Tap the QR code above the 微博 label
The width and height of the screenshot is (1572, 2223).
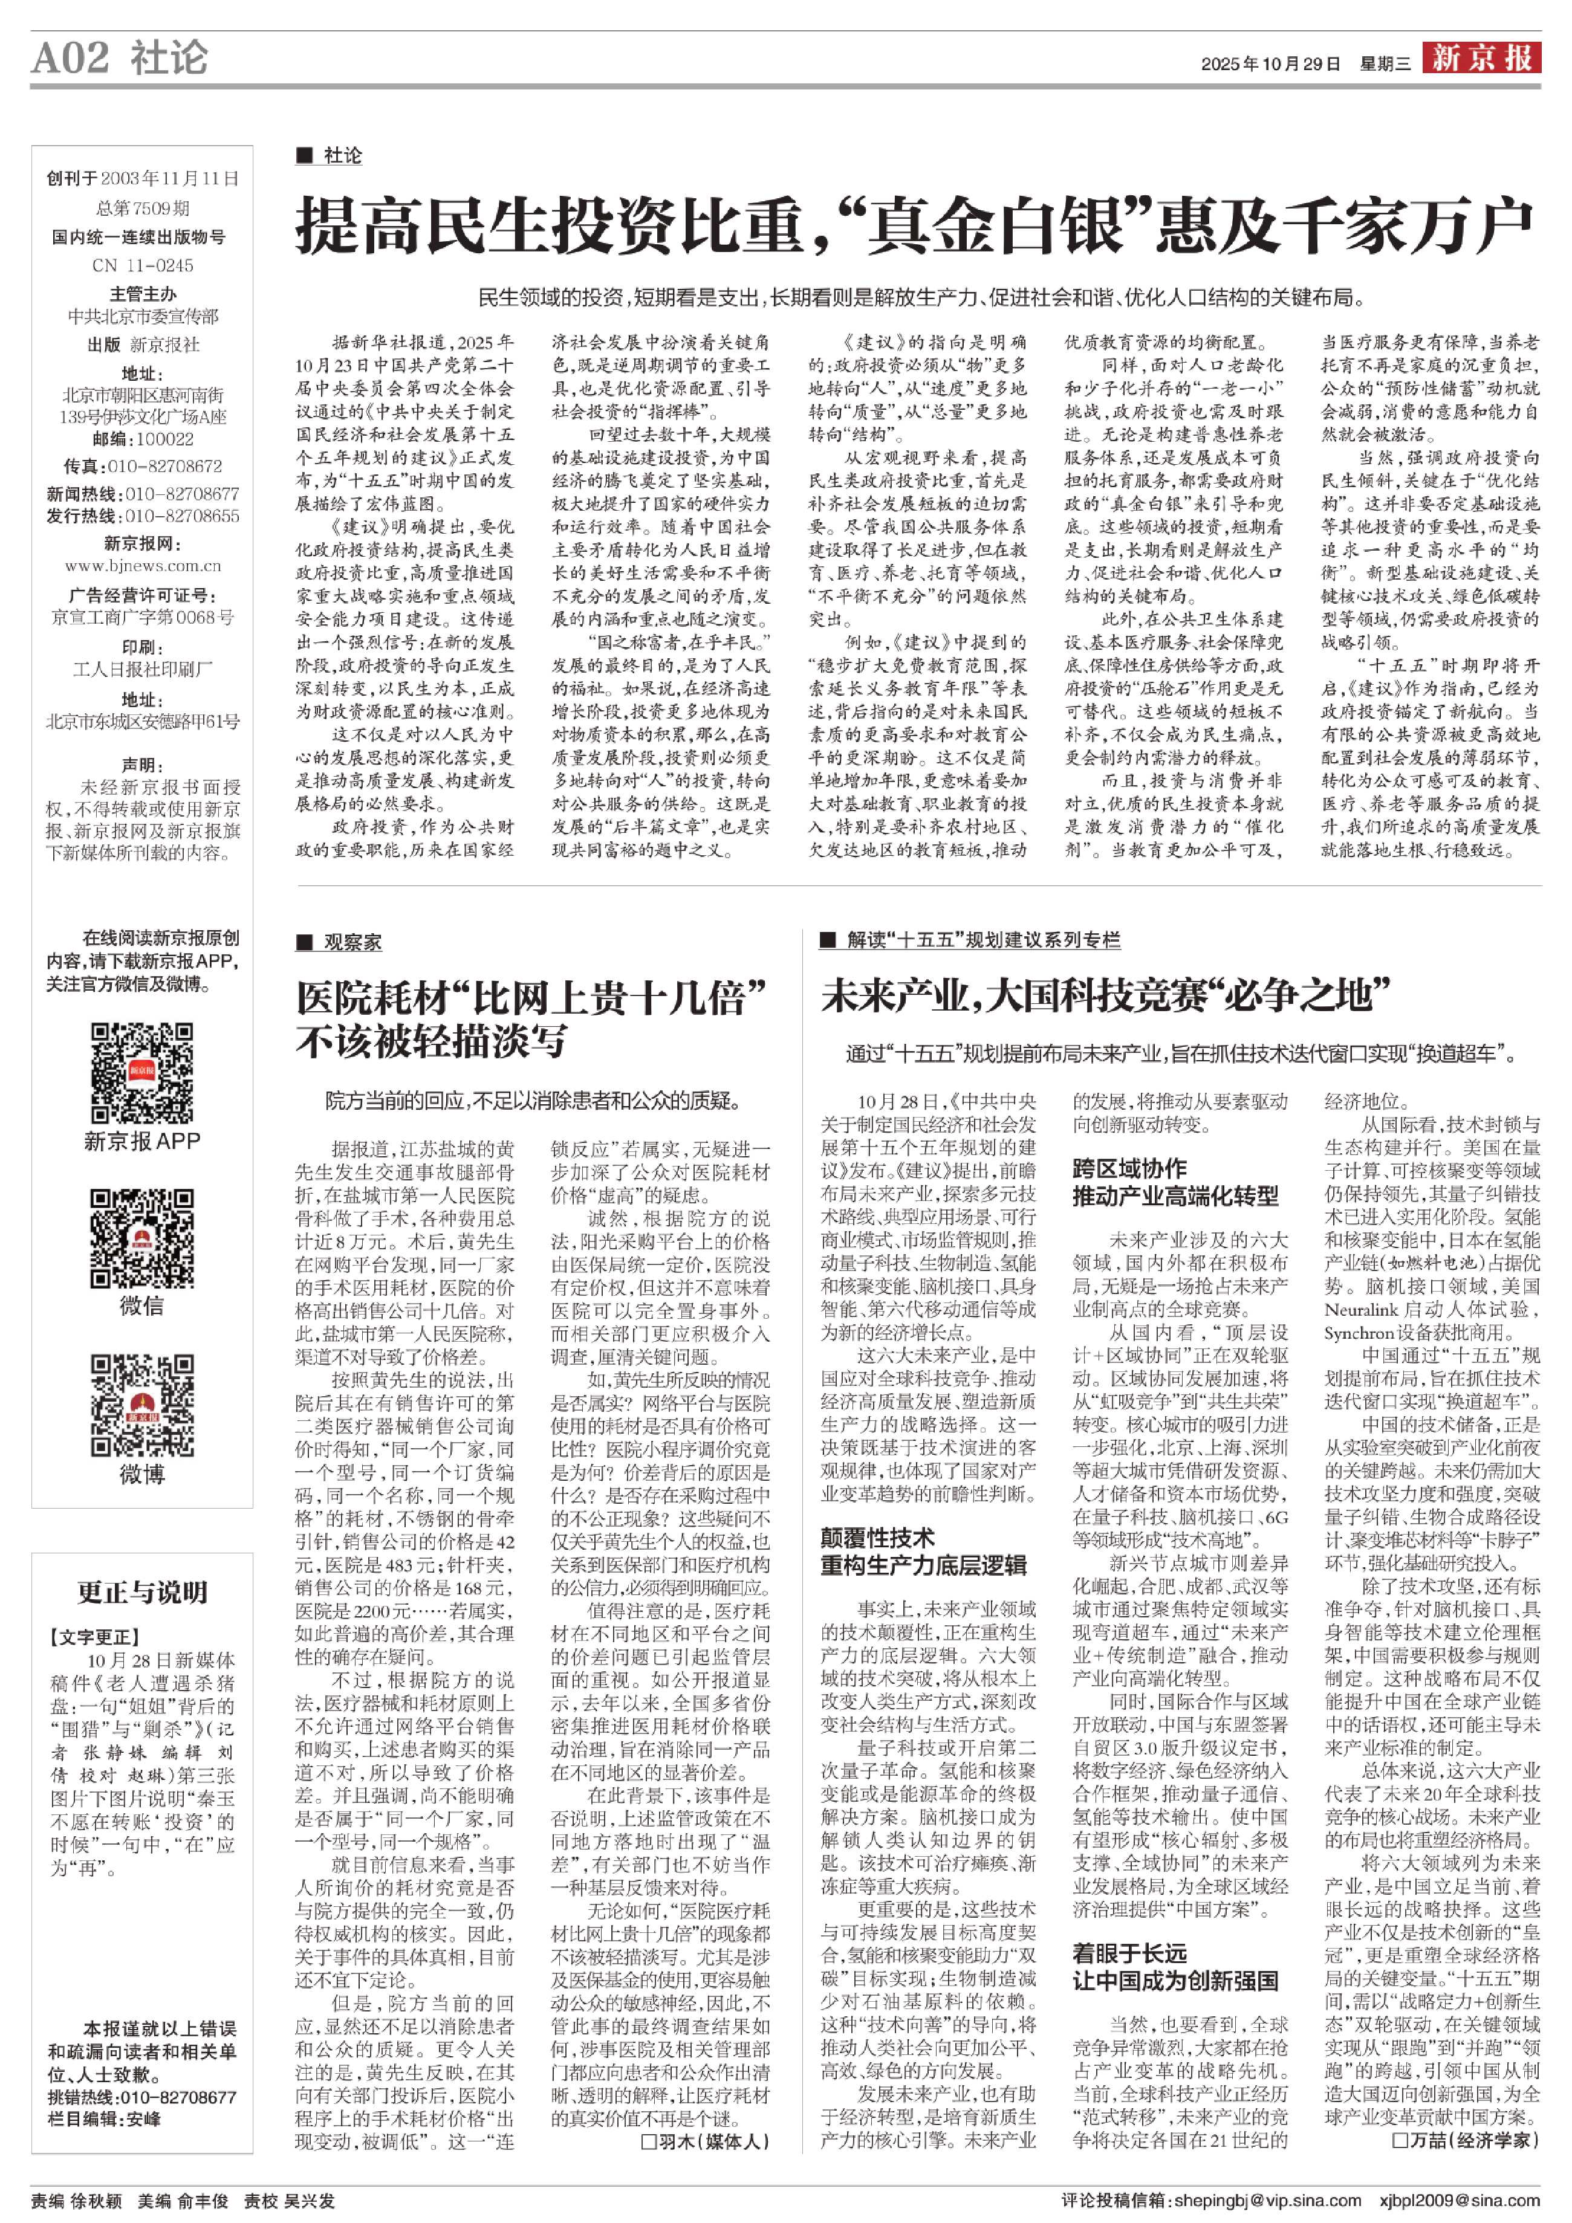pos(141,1405)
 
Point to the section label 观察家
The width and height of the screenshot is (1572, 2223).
pos(352,942)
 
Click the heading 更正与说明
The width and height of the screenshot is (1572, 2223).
pos(142,1592)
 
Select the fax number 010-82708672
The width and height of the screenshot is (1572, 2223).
pos(164,467)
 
